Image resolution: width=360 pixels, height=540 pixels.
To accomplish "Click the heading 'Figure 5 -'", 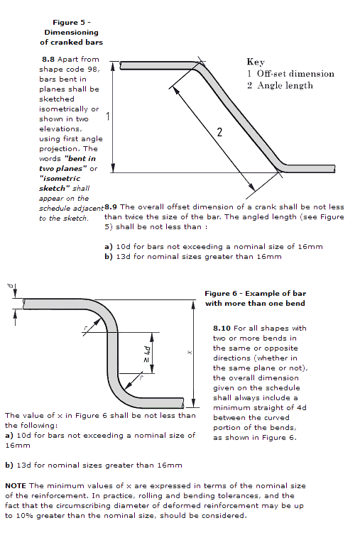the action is [71, 23].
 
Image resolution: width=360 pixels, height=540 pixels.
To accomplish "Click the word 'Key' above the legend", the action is [256, 62].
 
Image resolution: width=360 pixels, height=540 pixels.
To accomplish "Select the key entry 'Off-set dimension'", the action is [295, 74].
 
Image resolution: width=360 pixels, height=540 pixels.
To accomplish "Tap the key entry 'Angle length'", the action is [285, 85].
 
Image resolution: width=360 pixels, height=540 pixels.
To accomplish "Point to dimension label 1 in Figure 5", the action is [108, 116].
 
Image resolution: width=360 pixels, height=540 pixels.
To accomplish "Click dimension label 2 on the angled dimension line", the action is [219, 132].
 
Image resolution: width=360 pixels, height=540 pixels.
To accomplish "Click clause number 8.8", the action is [48, 59].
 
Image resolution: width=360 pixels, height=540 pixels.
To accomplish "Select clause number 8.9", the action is [111, 207].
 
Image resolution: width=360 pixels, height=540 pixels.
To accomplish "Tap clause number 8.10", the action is [222, 329].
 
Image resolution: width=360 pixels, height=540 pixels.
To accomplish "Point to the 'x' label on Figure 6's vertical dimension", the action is [189, 352].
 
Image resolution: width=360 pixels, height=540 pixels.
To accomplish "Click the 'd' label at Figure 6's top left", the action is [11, 286].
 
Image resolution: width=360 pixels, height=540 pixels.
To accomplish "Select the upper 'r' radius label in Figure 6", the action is [86, 328].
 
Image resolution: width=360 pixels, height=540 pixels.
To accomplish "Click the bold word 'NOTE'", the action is [16, 486].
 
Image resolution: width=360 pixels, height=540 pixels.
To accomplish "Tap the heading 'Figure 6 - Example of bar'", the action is [256, 294].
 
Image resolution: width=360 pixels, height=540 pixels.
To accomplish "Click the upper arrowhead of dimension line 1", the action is [112, 67].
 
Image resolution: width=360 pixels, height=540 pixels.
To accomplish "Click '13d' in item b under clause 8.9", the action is [124, 257].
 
